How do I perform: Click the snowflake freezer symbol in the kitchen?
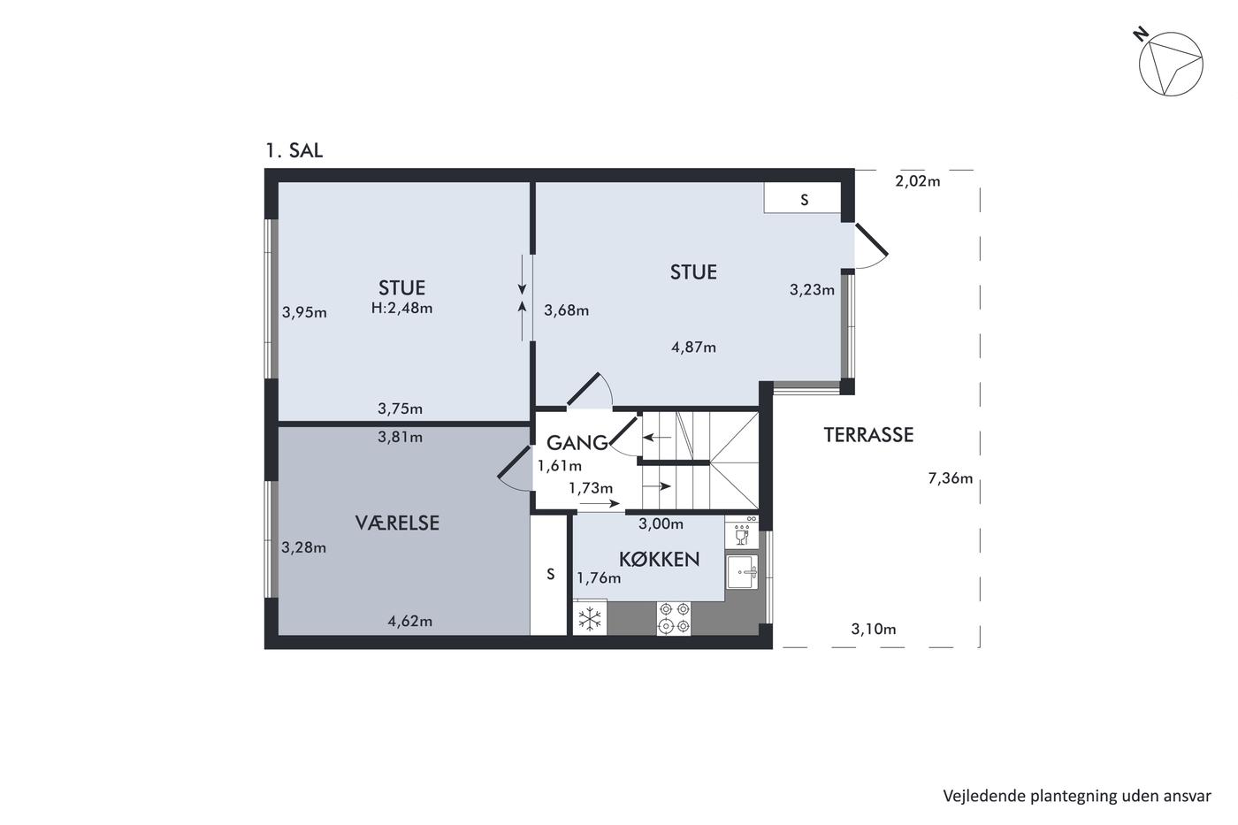pyautogui.click(x=590, y=618)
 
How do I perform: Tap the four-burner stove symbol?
pyautogui.click(x=674, y=618)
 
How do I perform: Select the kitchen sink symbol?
pyautogui.click(x=742, y=572)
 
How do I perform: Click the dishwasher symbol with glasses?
pyautogui.click(x=742, y=532)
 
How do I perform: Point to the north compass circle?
pyautogui.click(x=1171, y=64)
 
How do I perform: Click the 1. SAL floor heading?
pyautogui.click(x=294, y=150)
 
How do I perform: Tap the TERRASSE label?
pyautogui.click(x=868, y=435)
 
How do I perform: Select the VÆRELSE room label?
pyautogui.click(x=397, y=523)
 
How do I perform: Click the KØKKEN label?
pyautogui.click(x=660, y=559)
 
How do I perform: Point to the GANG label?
pyautogui.click(x=577, y=443)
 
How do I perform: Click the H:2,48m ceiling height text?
pyautogui.click(x=401, y=308)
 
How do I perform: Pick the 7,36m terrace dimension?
pyautogui.click(x=950, y=478)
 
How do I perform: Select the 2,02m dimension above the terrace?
pyautogui.click(x=918, y=181)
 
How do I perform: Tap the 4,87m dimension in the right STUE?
pyautogui.click(x=693, y=347)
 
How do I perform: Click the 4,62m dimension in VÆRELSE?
pyautogui.click(x=409, y=621)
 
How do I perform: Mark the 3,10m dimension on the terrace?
pyautogui.click(x=874, y=629)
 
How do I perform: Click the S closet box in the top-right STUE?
pyautogui.click(x=803, y=198)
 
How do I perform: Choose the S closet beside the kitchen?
pyautogui.click(x=549, y=576)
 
